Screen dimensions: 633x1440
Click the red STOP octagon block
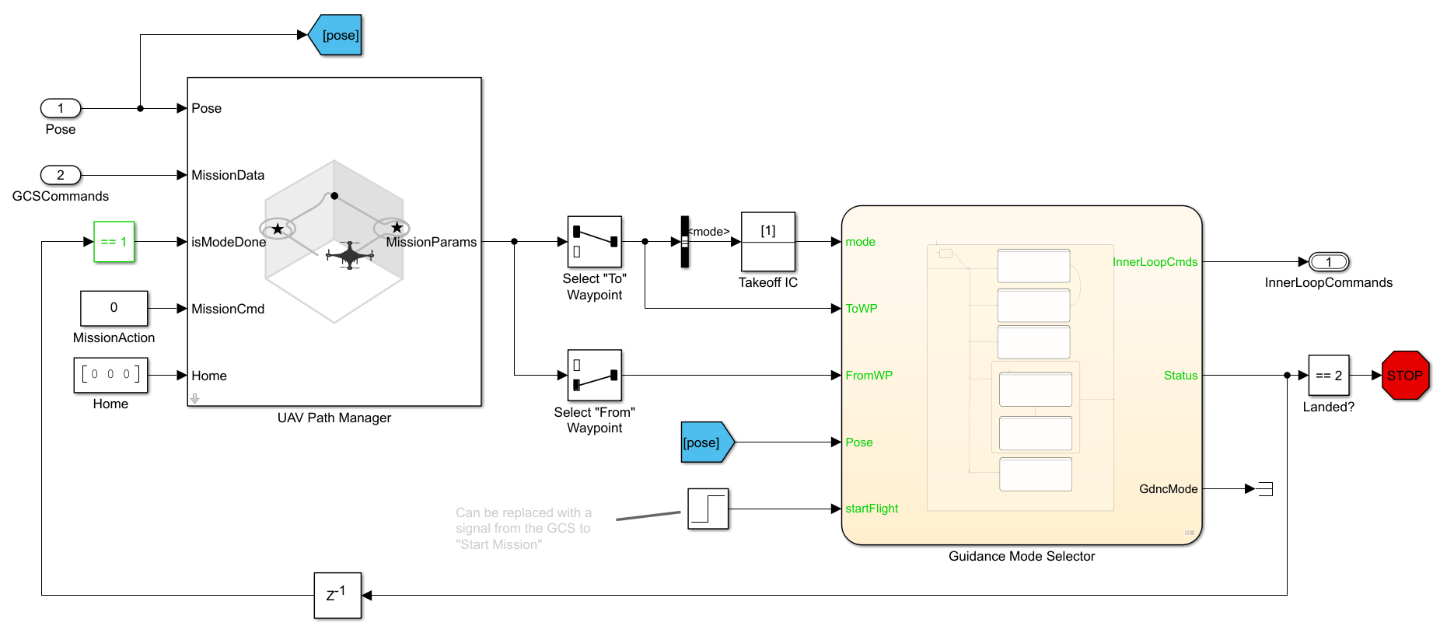pos(1405,376)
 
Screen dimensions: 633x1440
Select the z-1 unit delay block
pos(337,596)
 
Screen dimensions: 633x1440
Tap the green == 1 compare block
pos(114,242)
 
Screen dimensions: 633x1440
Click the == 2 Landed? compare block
pos(1328,376)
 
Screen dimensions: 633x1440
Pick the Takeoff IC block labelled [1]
pos(768,241)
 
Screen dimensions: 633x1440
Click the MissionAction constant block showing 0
pos(114,308)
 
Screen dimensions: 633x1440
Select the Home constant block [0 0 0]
pos(110,375)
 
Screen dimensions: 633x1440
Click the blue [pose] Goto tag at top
pos(337,35)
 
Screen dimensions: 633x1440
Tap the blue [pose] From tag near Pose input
pos(705,442)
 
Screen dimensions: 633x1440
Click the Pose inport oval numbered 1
pos(61,108)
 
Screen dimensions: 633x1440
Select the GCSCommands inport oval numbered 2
pos(61,175)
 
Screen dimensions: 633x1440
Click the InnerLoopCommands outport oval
pos(1328,262)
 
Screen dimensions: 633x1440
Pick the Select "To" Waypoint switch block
pos(594,242)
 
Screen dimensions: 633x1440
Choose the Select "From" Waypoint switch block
pos(594,375)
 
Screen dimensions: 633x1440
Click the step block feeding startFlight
pos(708,509)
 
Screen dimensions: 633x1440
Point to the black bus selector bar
pos(685,242)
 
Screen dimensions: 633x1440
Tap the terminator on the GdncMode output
pos(1266,489)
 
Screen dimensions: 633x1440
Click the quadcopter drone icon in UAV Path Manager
pos(350,255)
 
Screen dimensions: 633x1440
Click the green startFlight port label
pos(872,509)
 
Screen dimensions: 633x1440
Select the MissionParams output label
pos(432,242)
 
